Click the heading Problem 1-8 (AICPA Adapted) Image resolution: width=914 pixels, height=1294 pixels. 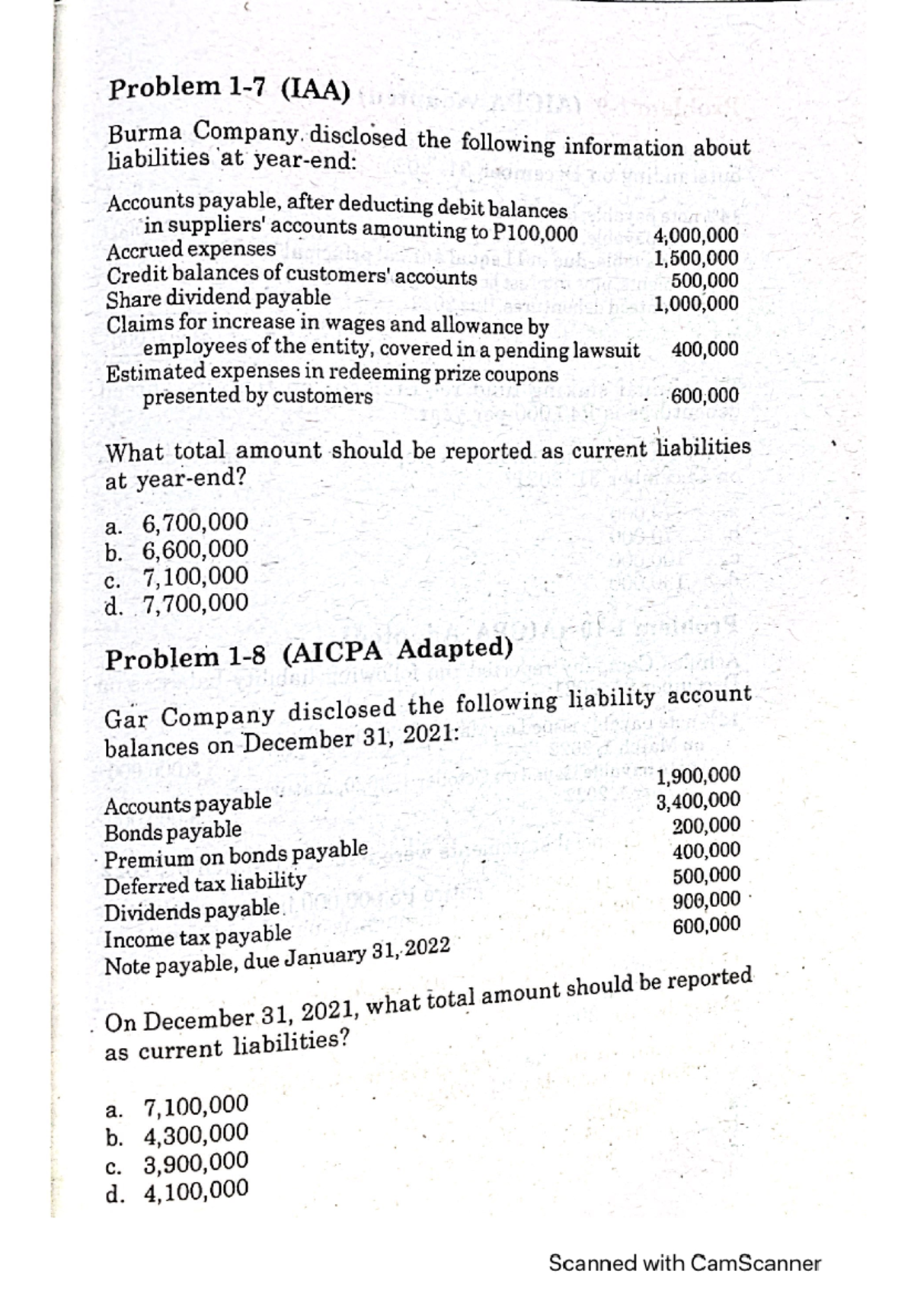(x=307, y=652)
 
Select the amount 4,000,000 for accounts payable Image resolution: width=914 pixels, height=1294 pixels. (x=695, y=235)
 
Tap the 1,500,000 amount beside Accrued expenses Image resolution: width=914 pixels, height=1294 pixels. (x=695, y=258)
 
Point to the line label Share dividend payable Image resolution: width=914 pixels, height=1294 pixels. (x=219, y=297)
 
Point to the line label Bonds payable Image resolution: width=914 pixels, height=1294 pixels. (x=173, y=830)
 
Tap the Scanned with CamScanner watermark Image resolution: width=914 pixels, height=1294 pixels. (x=684, y=1264)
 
